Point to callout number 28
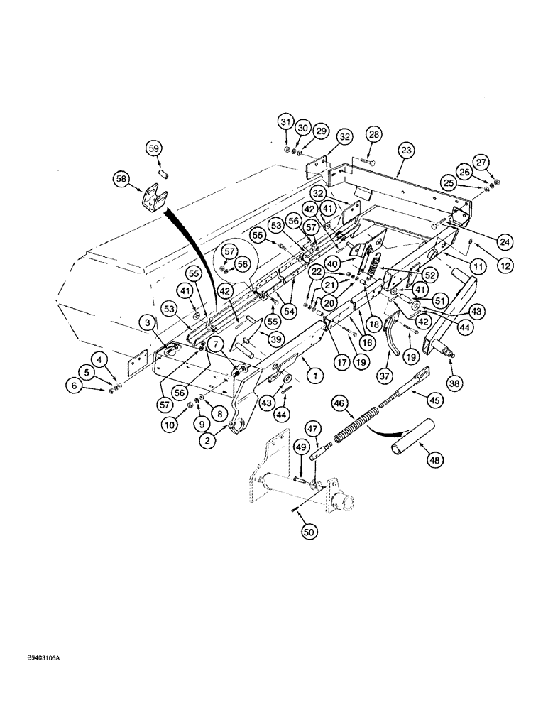coord(374,134)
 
